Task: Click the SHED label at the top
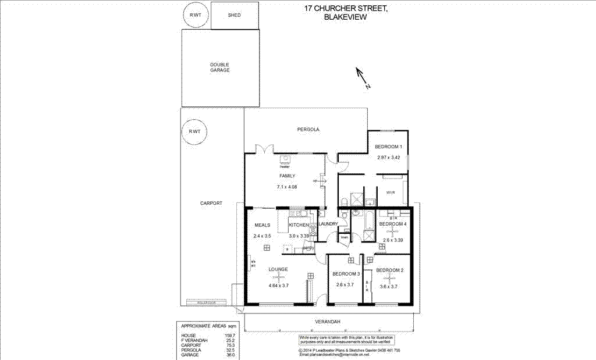pyautogui.click(x=234, y=16)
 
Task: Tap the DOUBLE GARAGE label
pyautogui.click(x=220, y=67)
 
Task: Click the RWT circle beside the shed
pyautogui.click(x=194, y=16)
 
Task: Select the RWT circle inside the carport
pyautogui.click(x=194, y=131)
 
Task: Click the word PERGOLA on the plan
pyautogui.click(x=308, y=129)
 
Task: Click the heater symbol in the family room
pyautogui.click(x=285, y=160)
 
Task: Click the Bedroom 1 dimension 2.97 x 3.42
pyautogui.click(x=388, y=158)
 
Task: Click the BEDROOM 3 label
pyautogui.click(x=346, y=274)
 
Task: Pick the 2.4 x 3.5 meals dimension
pyautogui.click(x=263, y=236)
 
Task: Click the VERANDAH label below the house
pyautogui.click(x=328, y=322)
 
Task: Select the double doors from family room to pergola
pyautogui.click(x=265, y=149)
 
